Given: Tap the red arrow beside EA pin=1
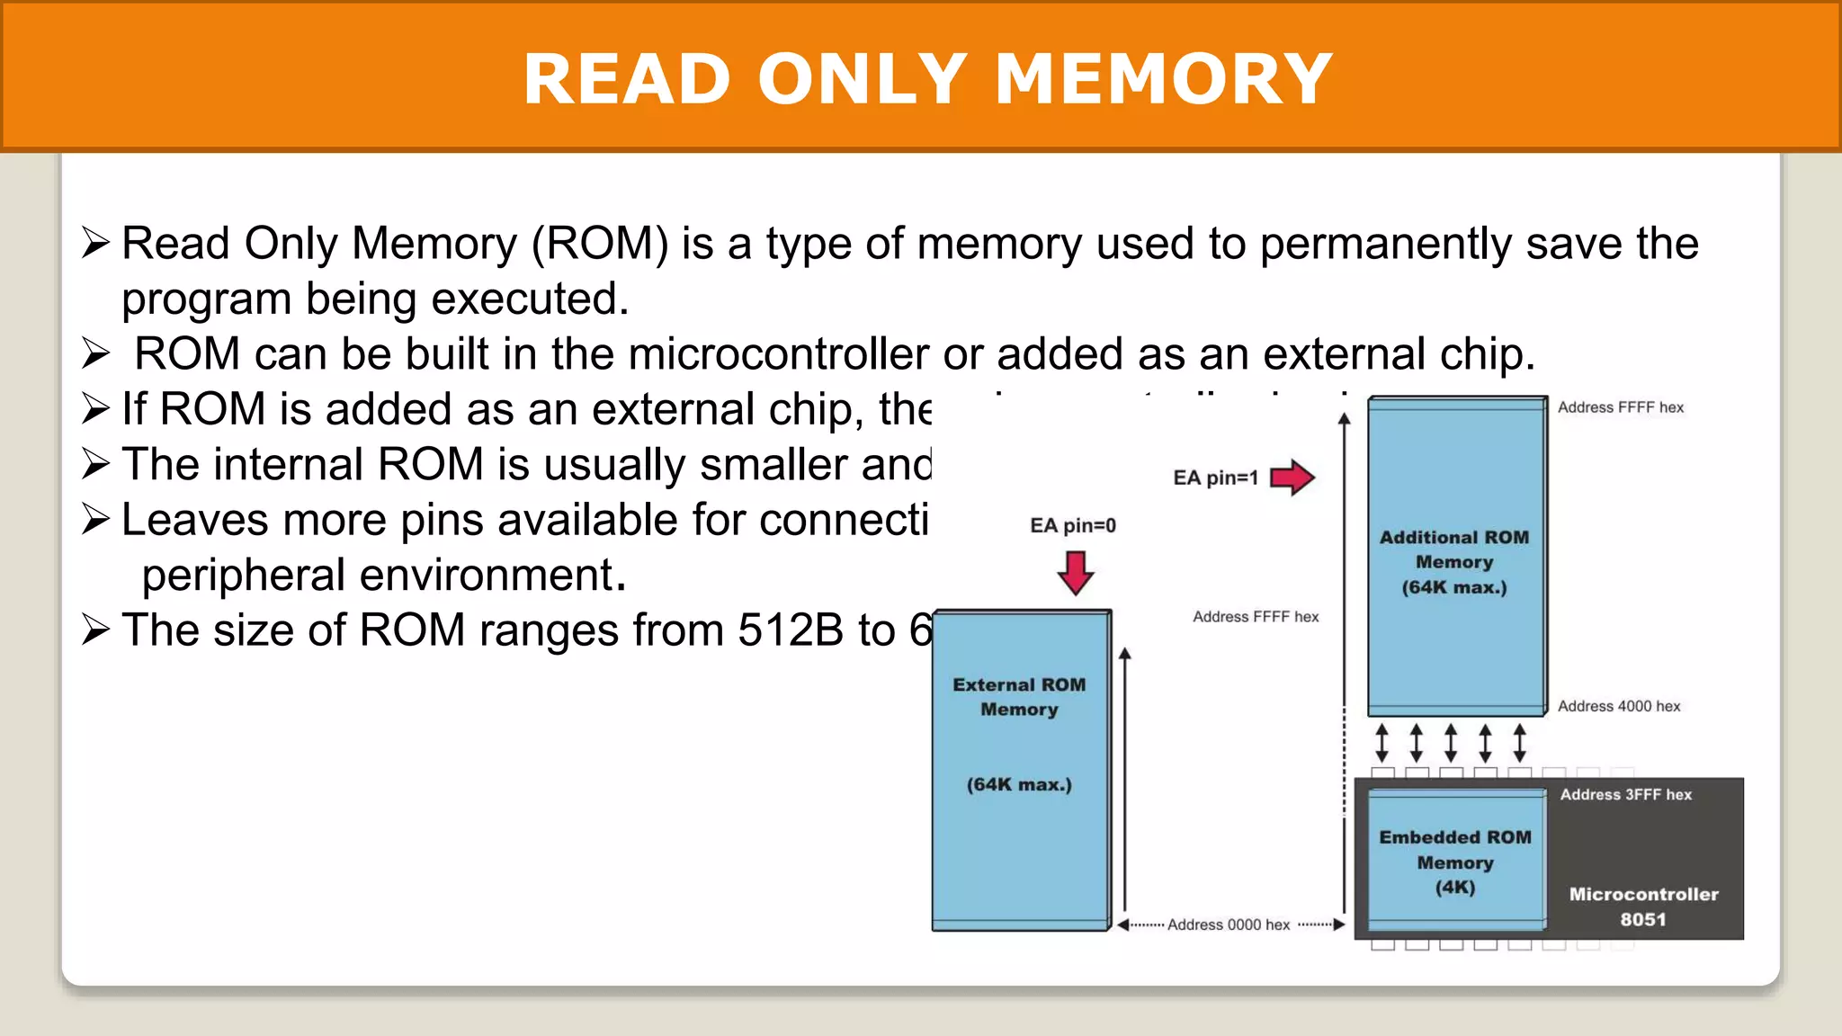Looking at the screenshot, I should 1292,477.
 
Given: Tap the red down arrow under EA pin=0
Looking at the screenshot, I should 1075,573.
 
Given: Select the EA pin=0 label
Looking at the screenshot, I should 1072,525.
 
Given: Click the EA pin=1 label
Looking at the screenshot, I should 1215,478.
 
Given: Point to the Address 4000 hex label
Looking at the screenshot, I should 1618,706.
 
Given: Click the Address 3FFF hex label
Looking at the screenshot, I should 1625,794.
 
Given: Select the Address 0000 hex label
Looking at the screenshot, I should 1228,924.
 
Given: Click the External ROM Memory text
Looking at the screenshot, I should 1019,696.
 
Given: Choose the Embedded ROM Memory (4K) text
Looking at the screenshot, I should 1454,862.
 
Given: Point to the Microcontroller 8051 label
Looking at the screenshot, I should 1643,906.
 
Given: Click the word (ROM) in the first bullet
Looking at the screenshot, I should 600,244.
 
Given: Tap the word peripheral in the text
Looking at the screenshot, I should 243,575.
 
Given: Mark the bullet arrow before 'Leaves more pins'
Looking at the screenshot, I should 95,519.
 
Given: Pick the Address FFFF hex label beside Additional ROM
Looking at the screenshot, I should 1620,407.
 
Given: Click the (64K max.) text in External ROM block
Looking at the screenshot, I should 1019,784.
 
